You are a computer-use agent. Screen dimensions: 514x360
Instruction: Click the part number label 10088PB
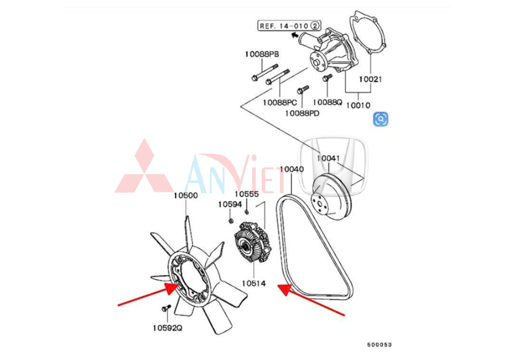pos(262,54)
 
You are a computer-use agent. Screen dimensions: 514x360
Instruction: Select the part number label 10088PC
pos(279,103)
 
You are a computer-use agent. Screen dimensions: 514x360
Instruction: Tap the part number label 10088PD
pos(302,113)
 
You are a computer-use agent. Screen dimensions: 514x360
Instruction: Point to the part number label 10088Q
pos(327,102)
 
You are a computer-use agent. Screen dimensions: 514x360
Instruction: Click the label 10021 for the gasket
pos(370,79)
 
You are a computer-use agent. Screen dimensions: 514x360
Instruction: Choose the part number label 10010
pos(358,105)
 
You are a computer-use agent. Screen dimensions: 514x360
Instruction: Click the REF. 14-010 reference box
pos(289,26)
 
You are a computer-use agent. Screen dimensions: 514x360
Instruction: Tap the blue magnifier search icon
pos(381,119)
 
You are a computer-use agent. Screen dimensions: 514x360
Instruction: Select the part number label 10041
pos(328,159)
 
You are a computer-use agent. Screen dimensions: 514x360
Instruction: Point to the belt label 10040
pos(292,169)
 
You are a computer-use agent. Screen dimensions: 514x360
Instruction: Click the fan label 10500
pos(186,195)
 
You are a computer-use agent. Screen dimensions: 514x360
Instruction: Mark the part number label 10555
pos(247,194)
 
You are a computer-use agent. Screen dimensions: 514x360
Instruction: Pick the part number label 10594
pos(230,204)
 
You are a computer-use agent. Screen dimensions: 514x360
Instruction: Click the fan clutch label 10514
pos(254,283)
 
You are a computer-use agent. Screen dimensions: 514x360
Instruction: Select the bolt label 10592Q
pos(167,328)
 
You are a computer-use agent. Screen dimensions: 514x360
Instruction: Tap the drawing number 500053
pos(379,344)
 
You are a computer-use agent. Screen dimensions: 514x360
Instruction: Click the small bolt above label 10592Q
pos(166,308)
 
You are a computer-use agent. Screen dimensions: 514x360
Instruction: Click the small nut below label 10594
pos(230,220)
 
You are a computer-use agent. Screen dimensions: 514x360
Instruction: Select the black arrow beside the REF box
pos(294,34)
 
